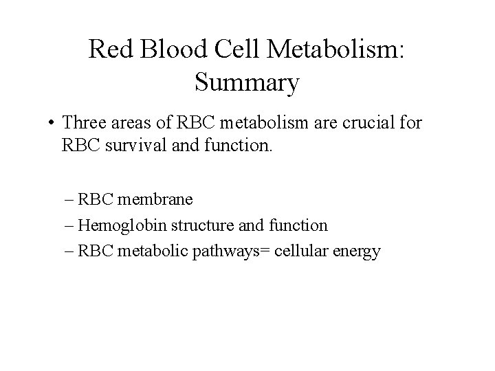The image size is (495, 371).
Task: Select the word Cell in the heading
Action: coord(232,49)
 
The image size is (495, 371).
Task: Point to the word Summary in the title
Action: coord(247,82)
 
